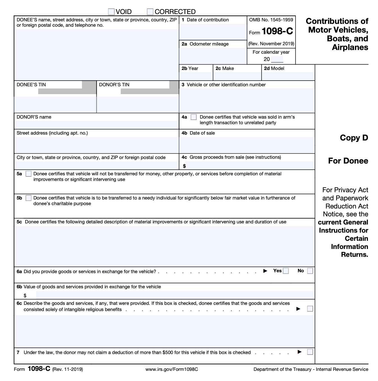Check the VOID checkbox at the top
point(111,12)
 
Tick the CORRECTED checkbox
point(150,12)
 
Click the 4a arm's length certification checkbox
point(193,117)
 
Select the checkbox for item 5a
point(28,174)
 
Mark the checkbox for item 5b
point(28,198)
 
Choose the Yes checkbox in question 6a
point(286,271)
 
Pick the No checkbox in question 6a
point(310,271)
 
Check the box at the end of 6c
point(310,309)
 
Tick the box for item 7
point(310,352)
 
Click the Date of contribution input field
point(213,31)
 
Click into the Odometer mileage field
point(213,56)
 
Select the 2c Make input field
point(237,76)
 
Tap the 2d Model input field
point(288,76)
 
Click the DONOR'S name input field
point(96,125)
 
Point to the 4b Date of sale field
point(247,145)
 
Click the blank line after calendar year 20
point(277,60)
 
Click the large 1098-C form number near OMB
point(277,31)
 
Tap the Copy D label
point(354,138)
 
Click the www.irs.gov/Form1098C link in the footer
point(172,369)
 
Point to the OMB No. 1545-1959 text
point(271,20)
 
